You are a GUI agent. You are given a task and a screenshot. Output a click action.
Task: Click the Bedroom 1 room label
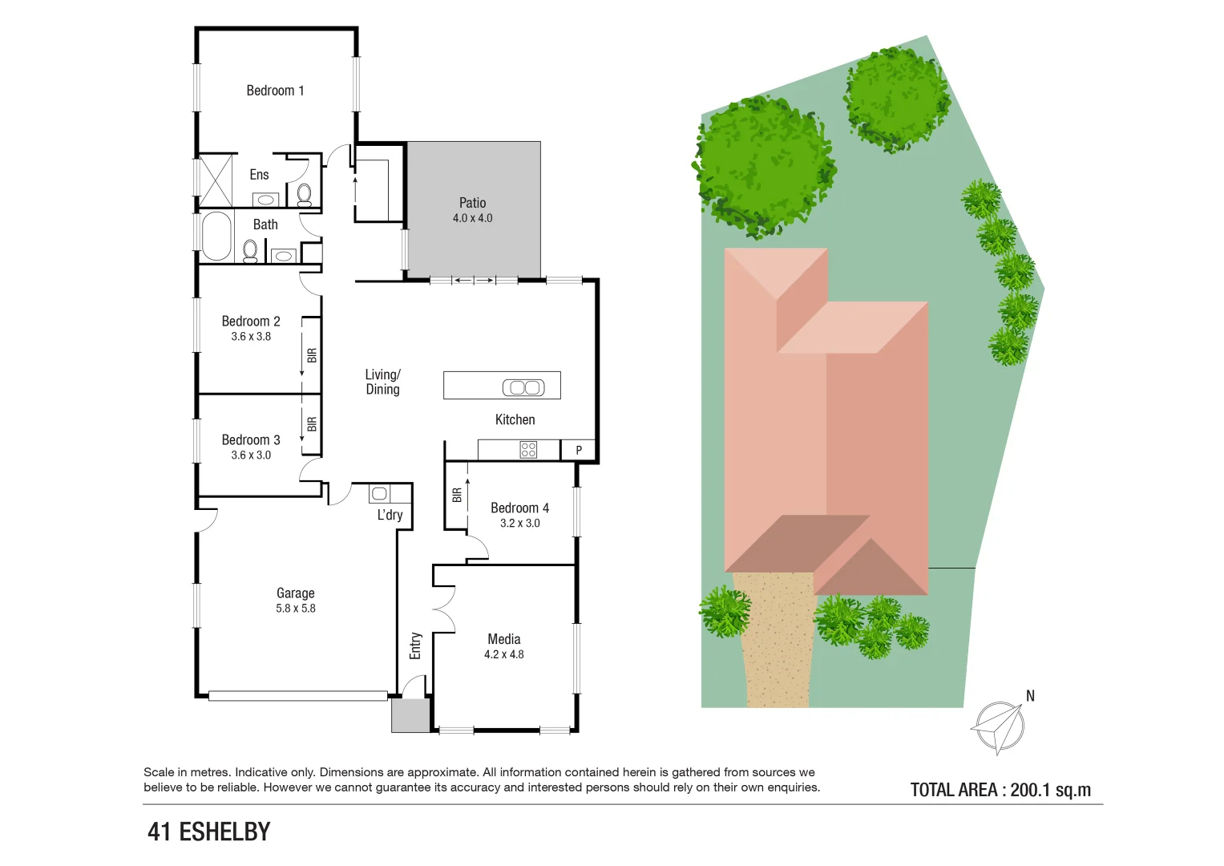(275, 91)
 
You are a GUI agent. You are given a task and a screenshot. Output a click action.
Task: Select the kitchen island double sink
(523, 388)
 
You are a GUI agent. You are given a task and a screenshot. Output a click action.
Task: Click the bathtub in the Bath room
(216, 237)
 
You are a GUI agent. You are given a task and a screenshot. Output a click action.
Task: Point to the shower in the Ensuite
(215, 180)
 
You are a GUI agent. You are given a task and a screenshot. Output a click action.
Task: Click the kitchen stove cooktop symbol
(528, 450)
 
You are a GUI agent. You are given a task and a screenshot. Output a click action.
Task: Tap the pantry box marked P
(579, 451)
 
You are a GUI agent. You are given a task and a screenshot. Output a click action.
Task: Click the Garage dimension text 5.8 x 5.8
(296, 609)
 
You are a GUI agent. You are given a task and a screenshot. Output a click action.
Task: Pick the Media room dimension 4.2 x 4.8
(504, 654)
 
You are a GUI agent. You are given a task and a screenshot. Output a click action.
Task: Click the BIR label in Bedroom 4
(457, 496)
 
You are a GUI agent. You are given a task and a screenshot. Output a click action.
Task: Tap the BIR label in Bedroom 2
(312, 354)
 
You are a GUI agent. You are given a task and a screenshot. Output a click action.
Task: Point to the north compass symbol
(1000, 726)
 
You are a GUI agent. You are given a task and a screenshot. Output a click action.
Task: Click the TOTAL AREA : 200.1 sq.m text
(1000, 790)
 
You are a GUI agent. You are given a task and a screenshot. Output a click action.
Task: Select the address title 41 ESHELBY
(209, 832)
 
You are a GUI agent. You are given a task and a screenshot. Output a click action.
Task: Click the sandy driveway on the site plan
(776, 641)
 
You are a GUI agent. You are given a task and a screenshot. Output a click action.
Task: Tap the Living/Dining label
(382, 382)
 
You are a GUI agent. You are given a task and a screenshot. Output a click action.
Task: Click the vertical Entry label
(415, 645)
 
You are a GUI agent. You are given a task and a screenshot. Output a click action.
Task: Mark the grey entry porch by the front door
(410, 715)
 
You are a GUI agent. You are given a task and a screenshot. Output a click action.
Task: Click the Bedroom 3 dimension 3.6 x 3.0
(251, 455)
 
